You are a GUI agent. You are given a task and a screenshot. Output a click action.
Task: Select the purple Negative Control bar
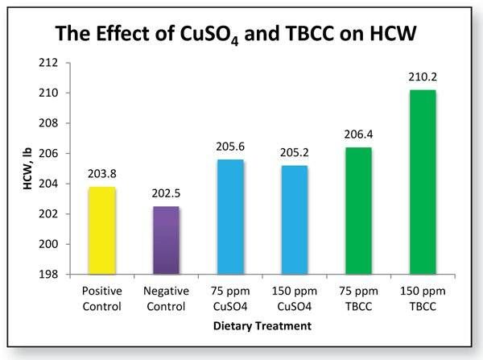(x=166, y=240)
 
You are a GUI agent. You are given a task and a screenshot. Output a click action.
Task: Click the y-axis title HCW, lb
(x=27, y=169)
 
